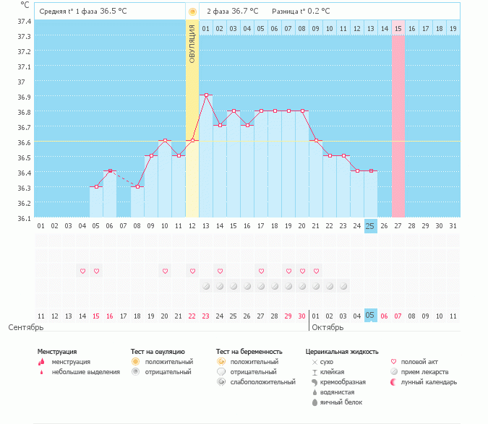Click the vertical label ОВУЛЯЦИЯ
point(192,44)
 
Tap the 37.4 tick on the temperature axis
point(24,21)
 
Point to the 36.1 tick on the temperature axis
point(24,218)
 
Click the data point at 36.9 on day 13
point(206,95)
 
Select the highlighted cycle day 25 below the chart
point(371,226)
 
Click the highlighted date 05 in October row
point(371,316)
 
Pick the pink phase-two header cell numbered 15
point(398,28)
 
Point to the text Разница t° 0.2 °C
point(301,12)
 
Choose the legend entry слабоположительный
point(262,381)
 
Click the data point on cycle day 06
point(110,171)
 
